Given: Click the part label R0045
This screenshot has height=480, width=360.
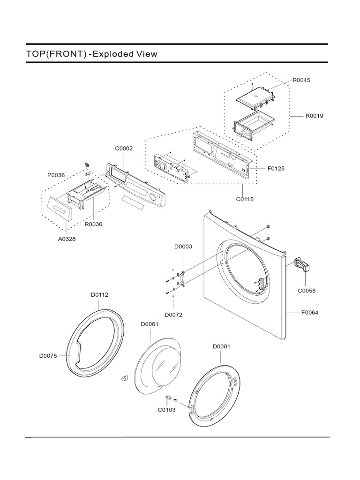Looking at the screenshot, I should tap(301, 80).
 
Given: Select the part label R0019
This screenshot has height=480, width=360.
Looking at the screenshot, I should tap(314, 115).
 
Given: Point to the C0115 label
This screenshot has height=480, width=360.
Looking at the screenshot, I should tap(245, 199).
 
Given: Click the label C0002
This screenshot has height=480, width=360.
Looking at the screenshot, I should tap(124, 149).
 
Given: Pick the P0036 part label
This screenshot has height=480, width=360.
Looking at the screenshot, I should tap(56, 176).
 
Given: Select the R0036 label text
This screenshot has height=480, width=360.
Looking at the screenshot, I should tap(93, 224).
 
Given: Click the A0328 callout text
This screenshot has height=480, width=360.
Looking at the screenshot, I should tap(66, 239).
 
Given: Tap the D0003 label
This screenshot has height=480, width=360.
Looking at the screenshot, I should tap(183, 246).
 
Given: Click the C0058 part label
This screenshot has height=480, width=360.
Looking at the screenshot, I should tap(307, 290).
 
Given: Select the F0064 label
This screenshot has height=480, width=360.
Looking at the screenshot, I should tap(309, 313).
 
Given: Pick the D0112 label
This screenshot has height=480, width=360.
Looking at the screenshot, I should tap(99, 295).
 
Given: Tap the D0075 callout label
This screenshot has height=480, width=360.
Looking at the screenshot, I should tap(48, 356).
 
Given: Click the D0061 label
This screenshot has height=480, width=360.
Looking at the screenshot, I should tap(150, 324).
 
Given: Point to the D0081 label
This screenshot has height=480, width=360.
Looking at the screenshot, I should tap(221, 346).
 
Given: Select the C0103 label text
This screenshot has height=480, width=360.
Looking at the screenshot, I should tap(166, 410).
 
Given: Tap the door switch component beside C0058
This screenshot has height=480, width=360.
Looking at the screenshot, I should tap(301, 265).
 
